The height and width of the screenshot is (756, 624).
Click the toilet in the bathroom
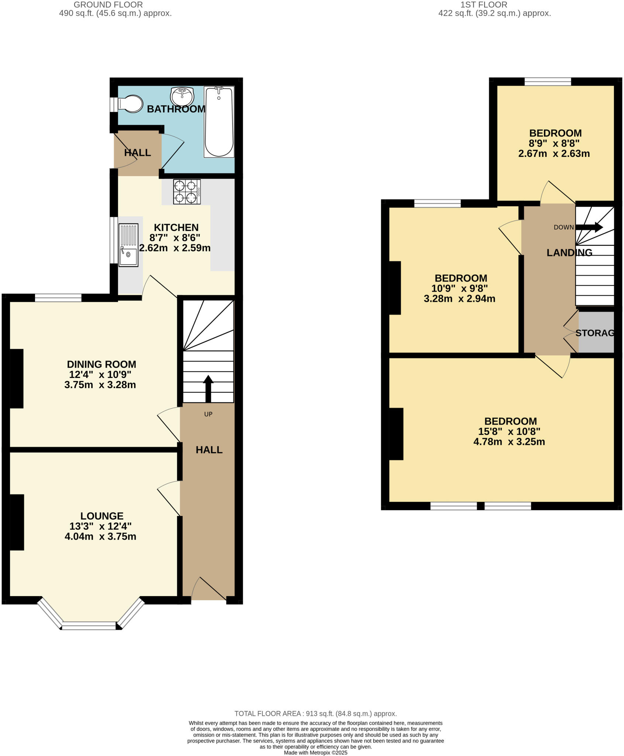pyautogui.click(x=130, y=104)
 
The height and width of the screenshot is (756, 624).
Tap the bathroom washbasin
pyautogui.click(x=182, y=97)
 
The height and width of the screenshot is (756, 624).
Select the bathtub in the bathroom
pyautogui.click(x=219, y=122)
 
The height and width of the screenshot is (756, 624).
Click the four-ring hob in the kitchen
pyautogui.click(x=187, y=192)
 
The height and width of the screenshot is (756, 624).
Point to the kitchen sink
pyautogui.click(x=128, y=245)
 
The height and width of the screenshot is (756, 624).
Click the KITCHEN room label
pyautogui.click(x=176, y=227)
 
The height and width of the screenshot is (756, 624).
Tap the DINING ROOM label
pyautogui.click(x=101, y=364)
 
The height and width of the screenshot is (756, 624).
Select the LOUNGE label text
pyautogui.click(x=102, y=516)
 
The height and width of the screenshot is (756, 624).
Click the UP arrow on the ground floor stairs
pyautogui.click(x=208, y=389)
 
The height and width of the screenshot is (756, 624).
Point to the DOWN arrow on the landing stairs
pyautogui.click(x=589, y=227)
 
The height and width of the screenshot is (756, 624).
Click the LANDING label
pyautogui.click(x=569, y=252)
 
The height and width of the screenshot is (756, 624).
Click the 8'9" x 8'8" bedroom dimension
pyautogui.click(x=554, y=143)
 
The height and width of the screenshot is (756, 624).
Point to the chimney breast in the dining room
pyautogui.click(x=17, y=378)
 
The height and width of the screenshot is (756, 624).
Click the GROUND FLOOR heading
pyautogui.click(x=108, y=5)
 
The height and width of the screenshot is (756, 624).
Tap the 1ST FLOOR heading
pyautogui.click(x=483, y=5)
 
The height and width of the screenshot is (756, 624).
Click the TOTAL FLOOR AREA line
pyautogui.click(x=316, y=714)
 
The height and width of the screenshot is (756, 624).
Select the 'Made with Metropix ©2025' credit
pyautogui.click(x=316, y=753)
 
